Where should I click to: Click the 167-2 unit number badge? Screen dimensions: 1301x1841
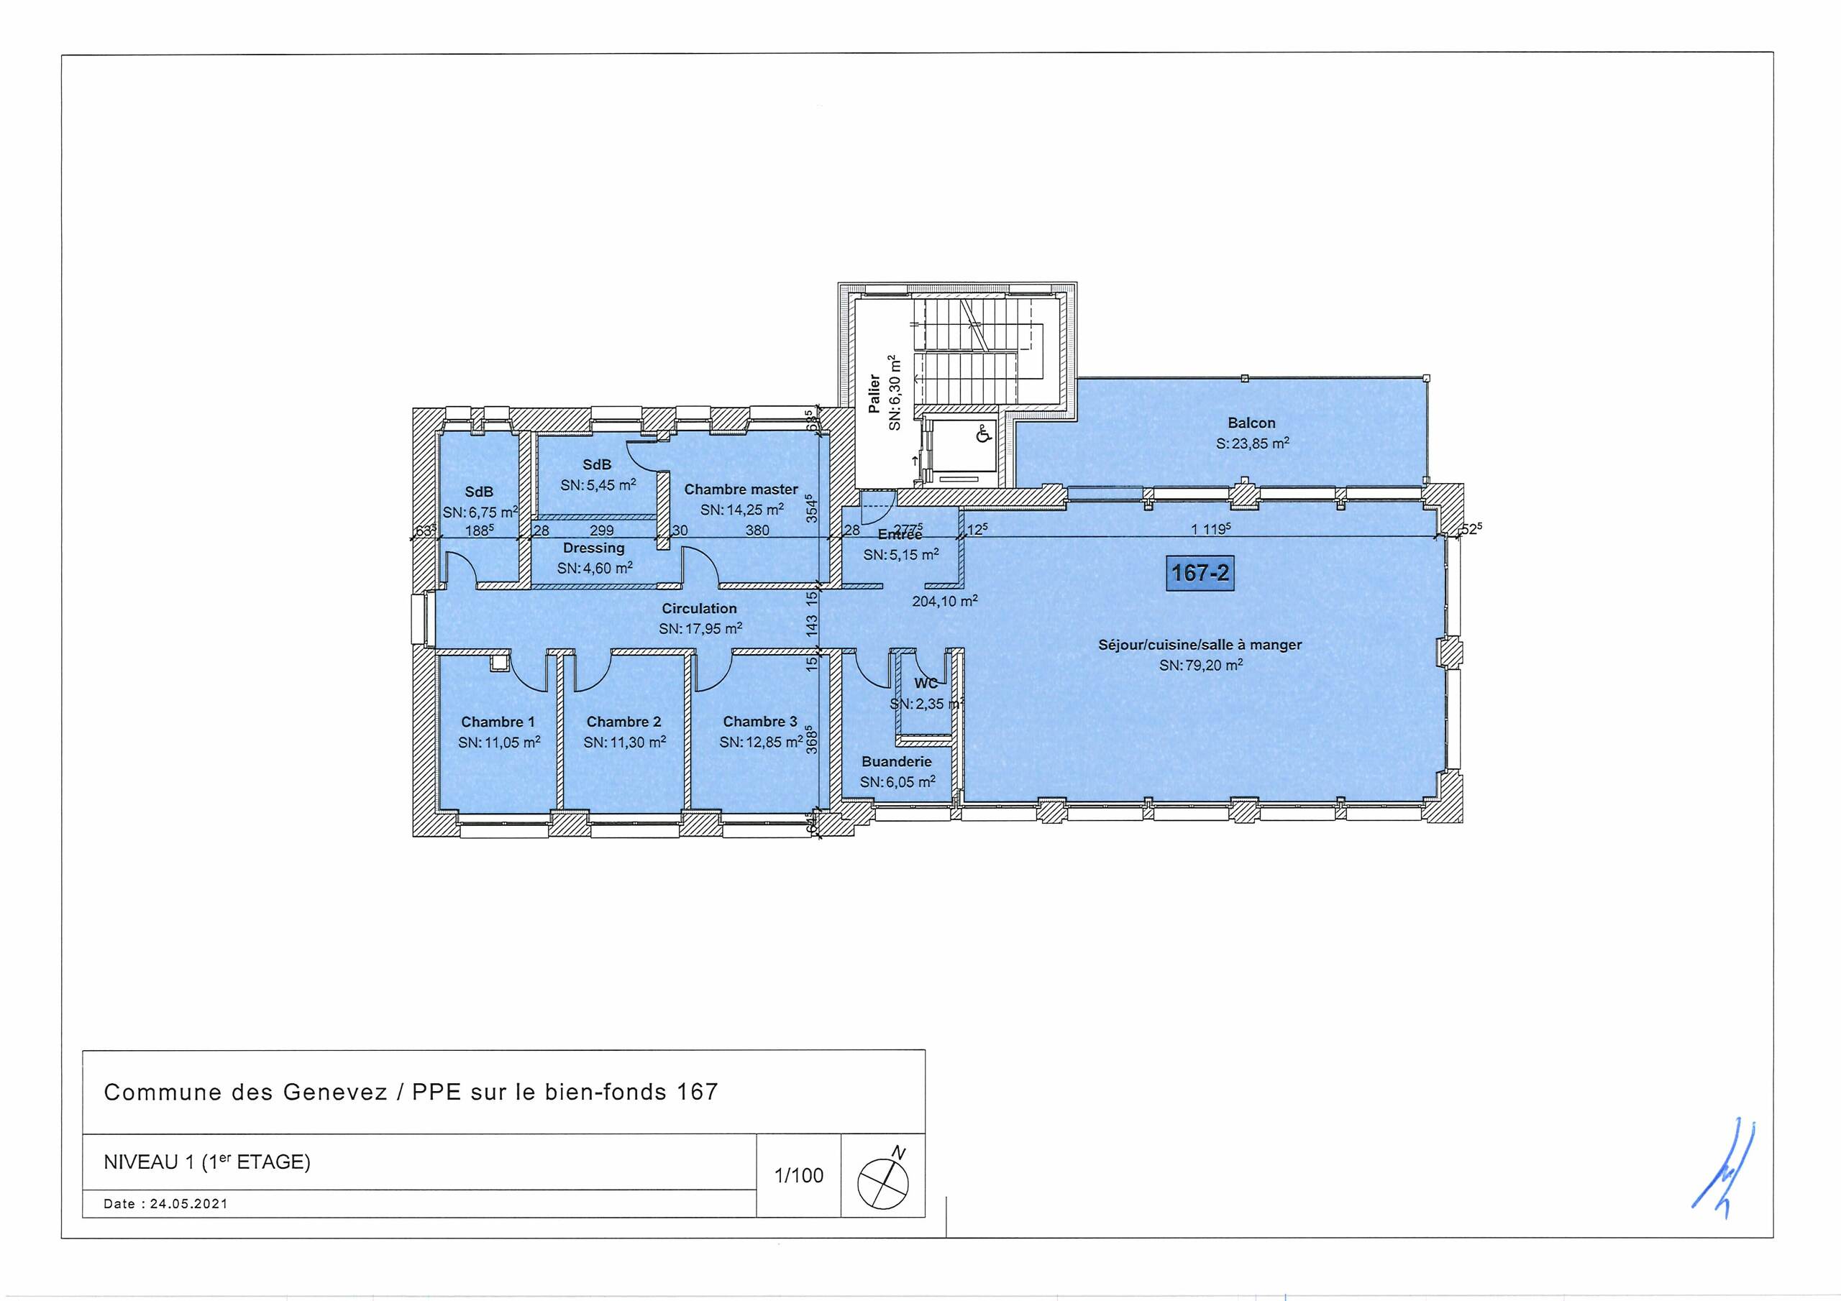tap(1200, 573)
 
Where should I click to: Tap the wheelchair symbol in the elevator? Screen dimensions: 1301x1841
tap(984, 434)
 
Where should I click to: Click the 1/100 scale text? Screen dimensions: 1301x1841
tap(799, 1176)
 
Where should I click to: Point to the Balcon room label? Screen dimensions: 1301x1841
tap(1251, 423)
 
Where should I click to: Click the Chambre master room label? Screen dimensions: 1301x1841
tap(740, 489)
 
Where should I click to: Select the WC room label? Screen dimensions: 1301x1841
tap(926, 684)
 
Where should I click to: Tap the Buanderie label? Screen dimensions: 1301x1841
tap(897, 761)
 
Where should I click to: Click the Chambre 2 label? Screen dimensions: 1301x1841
tap(623, 722)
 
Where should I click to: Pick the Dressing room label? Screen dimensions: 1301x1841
tap(593, 548)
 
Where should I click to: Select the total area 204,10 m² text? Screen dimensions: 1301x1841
tap(944, 601)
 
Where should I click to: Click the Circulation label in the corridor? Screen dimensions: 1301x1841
tap(699, 608)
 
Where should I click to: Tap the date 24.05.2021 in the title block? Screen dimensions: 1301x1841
tap(188, 1204)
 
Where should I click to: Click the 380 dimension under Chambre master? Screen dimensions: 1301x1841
tap(757, 530)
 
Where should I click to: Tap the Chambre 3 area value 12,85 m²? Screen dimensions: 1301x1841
tap(761, 743)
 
